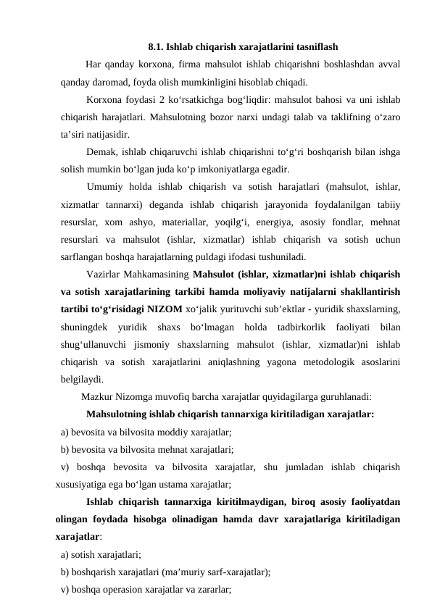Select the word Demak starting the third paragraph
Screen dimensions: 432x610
[100, 151]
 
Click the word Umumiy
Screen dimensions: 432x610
[103, 187]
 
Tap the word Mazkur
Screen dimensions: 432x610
[98, 396]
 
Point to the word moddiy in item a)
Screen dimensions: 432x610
[173, 432]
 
